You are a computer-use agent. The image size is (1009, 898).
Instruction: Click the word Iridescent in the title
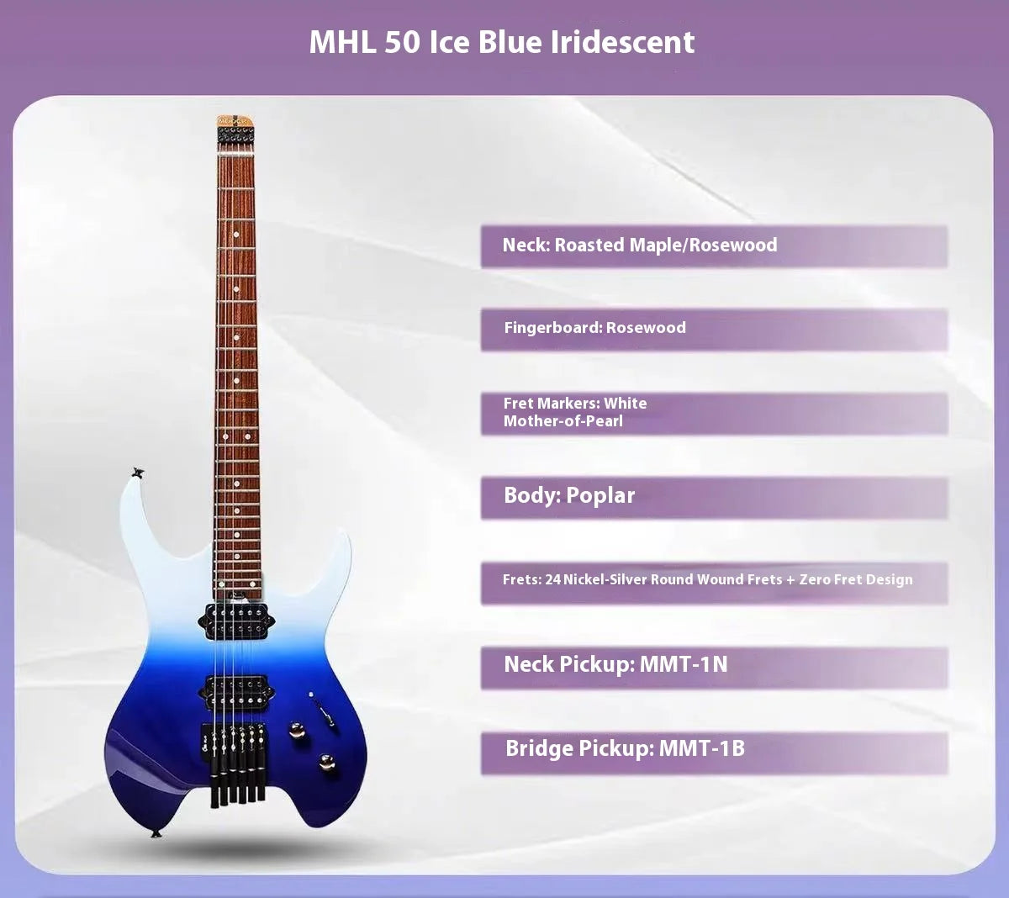622,42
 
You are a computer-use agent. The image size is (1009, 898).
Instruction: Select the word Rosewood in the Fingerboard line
646,327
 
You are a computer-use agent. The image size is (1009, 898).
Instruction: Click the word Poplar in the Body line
600,495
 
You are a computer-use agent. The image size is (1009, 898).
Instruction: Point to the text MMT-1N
684,664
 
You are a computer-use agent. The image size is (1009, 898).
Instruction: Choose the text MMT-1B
702,748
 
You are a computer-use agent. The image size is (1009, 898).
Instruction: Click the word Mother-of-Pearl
563,421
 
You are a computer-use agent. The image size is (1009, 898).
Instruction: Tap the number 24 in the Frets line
552,579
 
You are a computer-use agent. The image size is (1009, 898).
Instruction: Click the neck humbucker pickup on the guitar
236,621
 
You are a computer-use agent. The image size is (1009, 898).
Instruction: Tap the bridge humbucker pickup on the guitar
236,692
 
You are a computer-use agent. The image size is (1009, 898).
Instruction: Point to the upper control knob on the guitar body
297,730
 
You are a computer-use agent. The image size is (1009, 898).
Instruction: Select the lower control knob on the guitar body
326,762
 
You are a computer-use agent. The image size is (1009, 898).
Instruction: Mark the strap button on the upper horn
138,473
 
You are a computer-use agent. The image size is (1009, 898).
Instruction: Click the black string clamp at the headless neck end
235,134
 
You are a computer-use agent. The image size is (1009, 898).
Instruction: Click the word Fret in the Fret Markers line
519,404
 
